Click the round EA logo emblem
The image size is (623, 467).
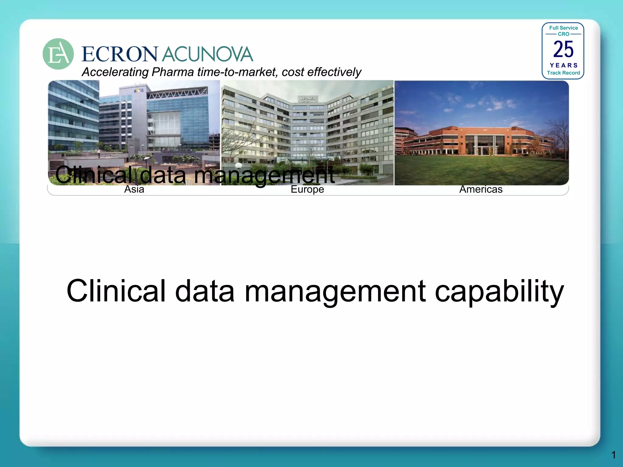coord(58,54)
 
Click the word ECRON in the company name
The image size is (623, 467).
coord(120,54)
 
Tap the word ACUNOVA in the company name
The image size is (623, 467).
coord(207,54)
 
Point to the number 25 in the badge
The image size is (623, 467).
coord(563,49)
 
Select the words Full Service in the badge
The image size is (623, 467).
coord(563,28)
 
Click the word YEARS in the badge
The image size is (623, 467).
coord(563,65)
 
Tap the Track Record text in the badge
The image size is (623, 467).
coord(563,73)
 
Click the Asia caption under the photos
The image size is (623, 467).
coord(134,189)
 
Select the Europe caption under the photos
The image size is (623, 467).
coord(307,189)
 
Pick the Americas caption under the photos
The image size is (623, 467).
coord(481,189)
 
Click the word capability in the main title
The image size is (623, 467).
coord(499,291)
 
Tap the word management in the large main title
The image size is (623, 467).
coord(335,291)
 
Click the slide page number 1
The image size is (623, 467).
coord(614,455)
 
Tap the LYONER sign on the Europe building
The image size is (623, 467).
coord(308,99)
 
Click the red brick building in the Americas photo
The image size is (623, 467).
coord(478,140)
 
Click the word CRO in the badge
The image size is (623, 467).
coord(563,34)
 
